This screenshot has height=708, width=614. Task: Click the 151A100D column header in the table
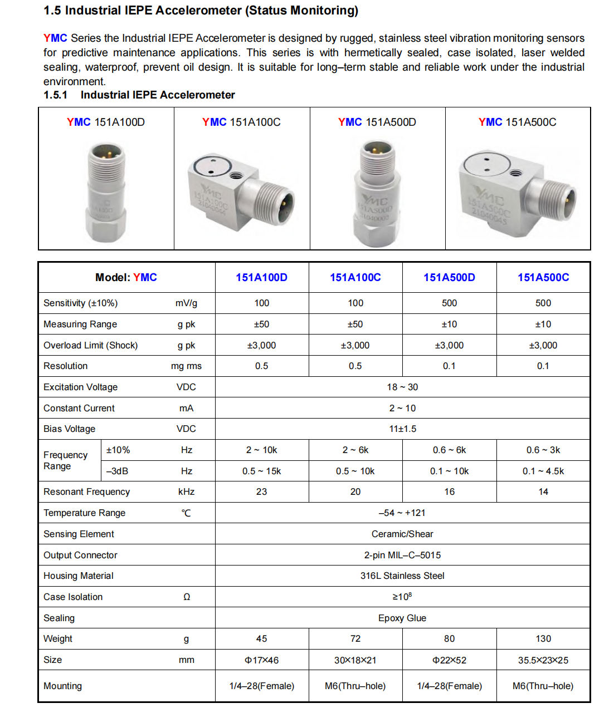point(261,277)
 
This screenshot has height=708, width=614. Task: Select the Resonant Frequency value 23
point(261,491)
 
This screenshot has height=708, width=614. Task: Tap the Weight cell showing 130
point(543,638)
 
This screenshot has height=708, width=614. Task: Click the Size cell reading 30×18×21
point(355,660)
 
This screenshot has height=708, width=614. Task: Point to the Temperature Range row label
point(85,513)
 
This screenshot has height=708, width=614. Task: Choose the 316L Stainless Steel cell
point(402,576)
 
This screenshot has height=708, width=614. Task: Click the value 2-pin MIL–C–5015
point(402,555)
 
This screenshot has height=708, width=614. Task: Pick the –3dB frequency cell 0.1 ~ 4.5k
point(543,471)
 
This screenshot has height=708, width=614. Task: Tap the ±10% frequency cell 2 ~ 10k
point(261,450)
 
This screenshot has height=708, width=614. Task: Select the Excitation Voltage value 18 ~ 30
point(402,387)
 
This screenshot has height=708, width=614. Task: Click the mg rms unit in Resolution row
point(186,366)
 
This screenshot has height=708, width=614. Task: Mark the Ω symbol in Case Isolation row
point(187,597)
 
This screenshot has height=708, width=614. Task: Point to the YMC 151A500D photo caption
point(377,122)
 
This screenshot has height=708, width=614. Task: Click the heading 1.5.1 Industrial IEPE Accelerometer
point(139,95)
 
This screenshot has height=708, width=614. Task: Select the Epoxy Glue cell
point(402,618)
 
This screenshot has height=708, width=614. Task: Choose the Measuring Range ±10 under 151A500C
point(543,324)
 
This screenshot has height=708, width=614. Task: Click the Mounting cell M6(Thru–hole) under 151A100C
point(355,686)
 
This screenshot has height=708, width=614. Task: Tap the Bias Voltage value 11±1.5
point(402,429)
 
